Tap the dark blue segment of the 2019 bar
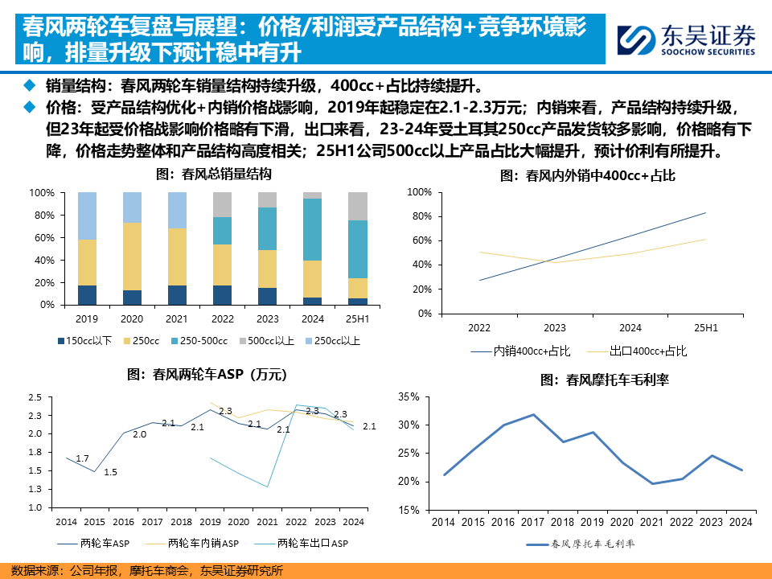(x=87, y=295)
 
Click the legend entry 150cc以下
(x=89, y=342)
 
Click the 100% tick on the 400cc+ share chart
(x=421, y=192)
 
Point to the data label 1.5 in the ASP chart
(x=110, y=473)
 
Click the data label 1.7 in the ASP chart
(x=82, y=459)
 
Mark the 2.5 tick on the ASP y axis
(x=35, y=398)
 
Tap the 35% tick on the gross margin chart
(x=409, y=397)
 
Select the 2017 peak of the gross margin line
(x=532, y=415)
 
